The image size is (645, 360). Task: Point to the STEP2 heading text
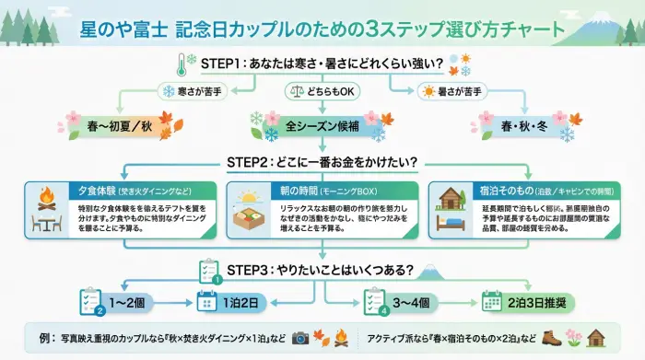322,161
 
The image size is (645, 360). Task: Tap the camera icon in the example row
300,338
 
